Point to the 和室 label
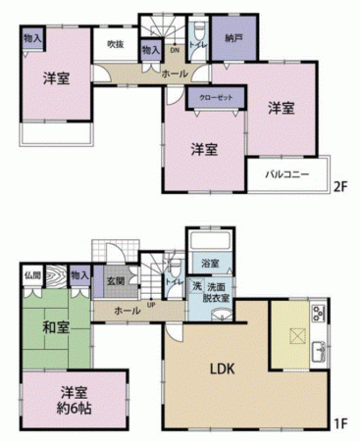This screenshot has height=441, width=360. [x=55, y=326]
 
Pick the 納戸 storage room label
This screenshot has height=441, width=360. [x=231, y=40]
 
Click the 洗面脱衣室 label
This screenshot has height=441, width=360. [x=217, y=293]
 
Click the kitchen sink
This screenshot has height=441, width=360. [x=319, y=353]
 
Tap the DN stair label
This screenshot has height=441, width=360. [x=175, y=49]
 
